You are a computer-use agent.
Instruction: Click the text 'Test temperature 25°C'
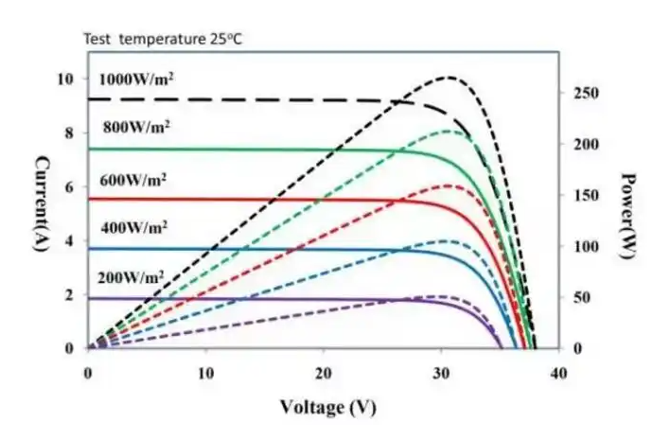[x=162, y=41]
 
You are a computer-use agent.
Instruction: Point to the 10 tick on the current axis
[x=65, y=79]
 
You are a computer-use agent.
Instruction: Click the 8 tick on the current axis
[x=69, y=132]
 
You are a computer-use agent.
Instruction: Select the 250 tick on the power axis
[x=585, y=94]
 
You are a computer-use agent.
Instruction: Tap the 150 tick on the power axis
[x=585, y=196]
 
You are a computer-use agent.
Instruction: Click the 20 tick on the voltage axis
[x=324, y=374]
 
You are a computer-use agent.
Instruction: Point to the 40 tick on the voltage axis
[x=558, y=374]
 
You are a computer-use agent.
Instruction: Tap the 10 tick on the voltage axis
[x=205, y=374]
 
